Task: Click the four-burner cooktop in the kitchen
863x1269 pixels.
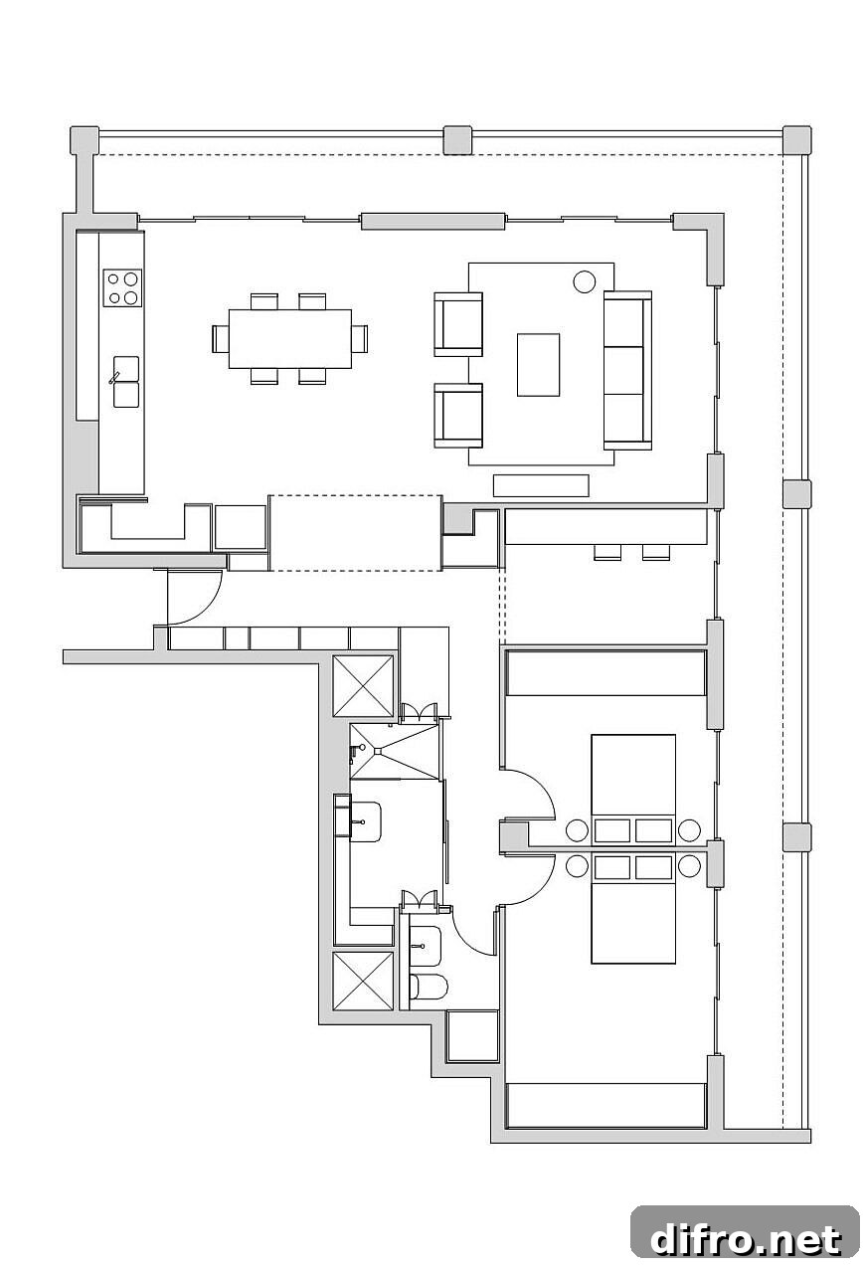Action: pyautogui.click(x=122, y=287)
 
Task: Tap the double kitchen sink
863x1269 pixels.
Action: pyautogui.click(x=125, y=381)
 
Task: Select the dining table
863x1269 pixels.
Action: pyautogui.click(x=290, y=339)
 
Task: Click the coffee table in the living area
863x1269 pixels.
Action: pyautogui.click(x=538, y=365)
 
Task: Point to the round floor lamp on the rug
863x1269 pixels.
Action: pyautogui.click(x=585, y=281)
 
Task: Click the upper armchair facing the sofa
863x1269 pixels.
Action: pyautogui.click(x=458, y=324)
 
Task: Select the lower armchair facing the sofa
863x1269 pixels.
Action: pyautogui.click(x=458, y=416)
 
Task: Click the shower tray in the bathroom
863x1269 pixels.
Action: pyautogui.click(x=395, y=751)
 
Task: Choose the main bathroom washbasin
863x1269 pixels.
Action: pyautogui.click(x=365, y=821)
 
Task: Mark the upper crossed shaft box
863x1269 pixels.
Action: pyautogui.click(x=363, y=686)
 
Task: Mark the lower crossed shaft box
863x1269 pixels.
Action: pyautogui.click(x=363, y=982)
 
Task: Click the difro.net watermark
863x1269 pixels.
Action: pyautogui.click(x=746, y=1240)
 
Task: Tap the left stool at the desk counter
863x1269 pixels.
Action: pyautogui.click(x=607, y=552)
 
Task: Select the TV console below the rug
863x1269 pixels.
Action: pyautogui.click(x=541, y=485)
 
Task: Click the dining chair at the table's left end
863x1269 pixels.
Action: pyautogui.click(x=221, y=339)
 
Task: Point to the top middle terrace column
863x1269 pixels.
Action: pyautogui.click(x=457, y=140)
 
